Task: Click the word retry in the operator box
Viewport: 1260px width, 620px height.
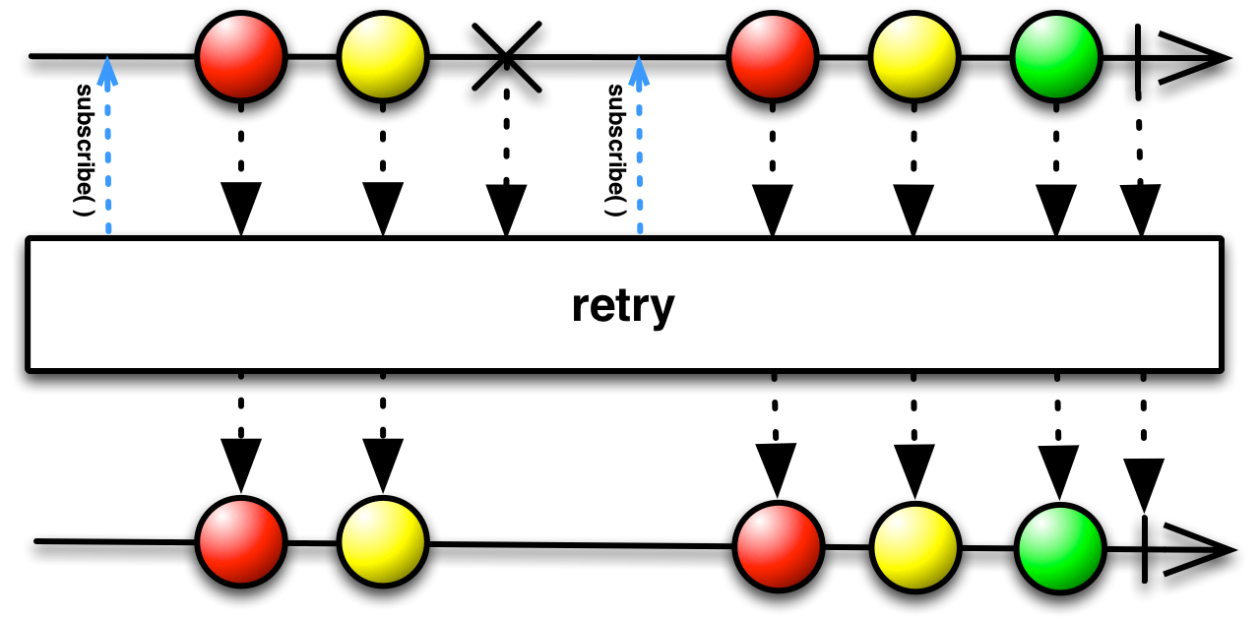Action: click(623, 306)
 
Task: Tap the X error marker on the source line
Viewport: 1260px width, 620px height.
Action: click(506, 57)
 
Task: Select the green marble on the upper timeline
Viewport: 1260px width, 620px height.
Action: click(1055, 57)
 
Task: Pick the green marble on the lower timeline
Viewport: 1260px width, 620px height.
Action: click(1059, 544)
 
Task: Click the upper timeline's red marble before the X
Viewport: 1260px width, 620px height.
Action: click(240, 57)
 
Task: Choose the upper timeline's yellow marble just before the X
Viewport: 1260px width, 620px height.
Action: click(382, 57)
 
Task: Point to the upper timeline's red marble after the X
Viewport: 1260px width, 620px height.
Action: click(773, 57)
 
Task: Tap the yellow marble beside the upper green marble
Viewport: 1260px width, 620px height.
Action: click(913, 57)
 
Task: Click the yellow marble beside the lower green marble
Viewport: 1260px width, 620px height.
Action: click(914, 544)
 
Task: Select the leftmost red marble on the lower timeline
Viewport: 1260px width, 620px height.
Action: click(240, 544)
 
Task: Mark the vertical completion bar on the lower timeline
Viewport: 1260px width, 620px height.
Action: click(1144, 546)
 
